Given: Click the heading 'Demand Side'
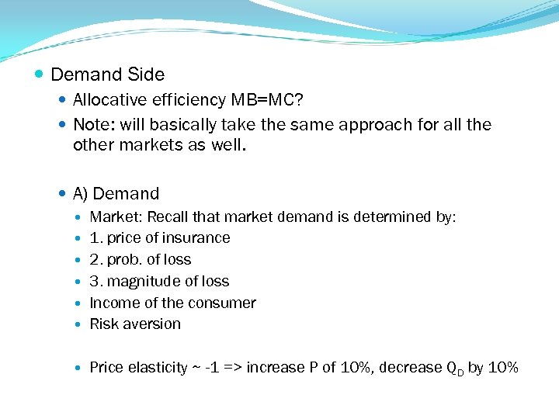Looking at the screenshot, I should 107,75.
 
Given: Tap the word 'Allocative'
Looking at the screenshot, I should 110,100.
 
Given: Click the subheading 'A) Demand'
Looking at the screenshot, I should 116,194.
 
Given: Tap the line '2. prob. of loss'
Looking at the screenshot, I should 140,260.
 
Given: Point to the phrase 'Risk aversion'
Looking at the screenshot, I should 135,324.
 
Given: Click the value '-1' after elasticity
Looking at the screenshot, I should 212,367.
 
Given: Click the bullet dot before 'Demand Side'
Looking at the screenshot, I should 39,75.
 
